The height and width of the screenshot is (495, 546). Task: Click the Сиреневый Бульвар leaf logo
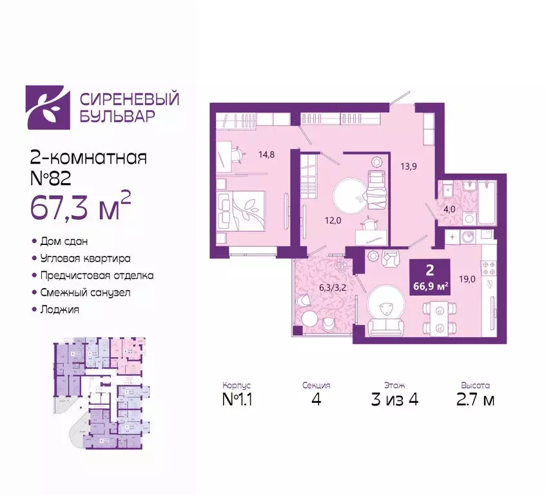tap(48, 108)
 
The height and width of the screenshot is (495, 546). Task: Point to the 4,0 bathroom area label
tap(449, 208)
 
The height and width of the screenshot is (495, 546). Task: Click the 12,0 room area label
tap(332, 218)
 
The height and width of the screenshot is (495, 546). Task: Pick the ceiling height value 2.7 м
tap(475, 400)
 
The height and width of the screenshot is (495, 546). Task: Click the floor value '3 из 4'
tap(395, 400)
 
